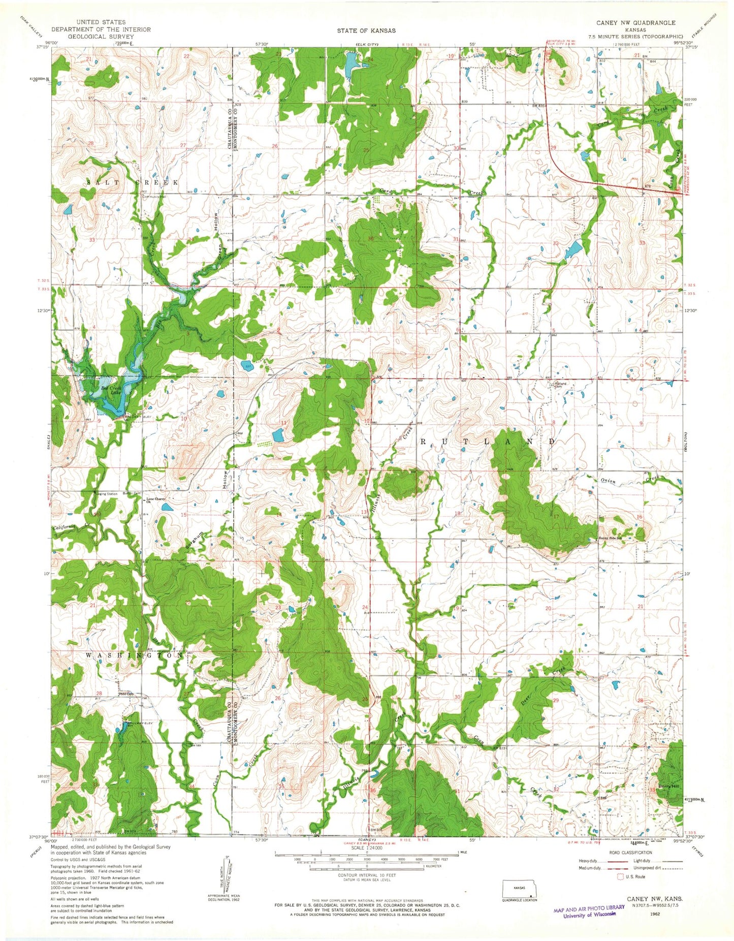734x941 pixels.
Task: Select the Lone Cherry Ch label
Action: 155,501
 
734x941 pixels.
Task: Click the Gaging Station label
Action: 105,494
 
